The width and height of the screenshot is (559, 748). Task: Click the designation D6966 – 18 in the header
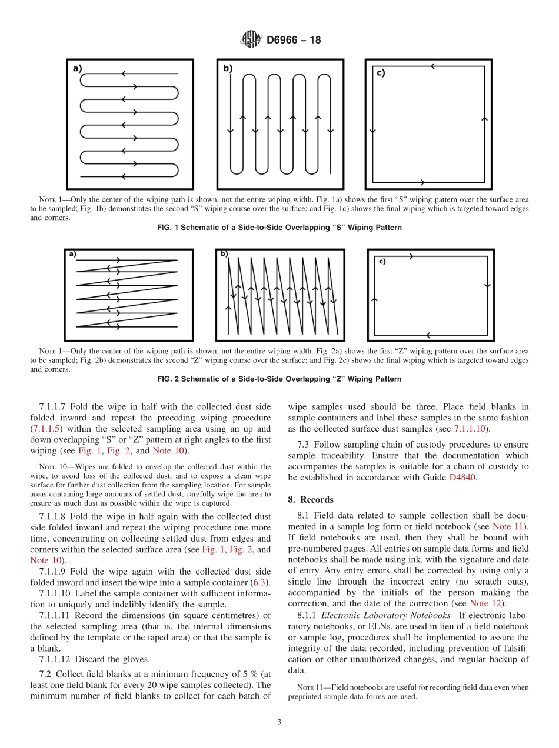[293, 40]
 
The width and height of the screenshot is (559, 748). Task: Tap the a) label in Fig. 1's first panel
[77, 68]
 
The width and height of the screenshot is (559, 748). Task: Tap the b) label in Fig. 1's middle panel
[228, 68]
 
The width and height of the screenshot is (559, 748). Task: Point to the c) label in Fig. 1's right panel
[380, 73]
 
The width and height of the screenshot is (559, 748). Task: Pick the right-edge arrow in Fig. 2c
[487, 286]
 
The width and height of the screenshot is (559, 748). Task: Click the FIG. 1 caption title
[279, 228]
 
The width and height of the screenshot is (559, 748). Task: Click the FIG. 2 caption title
[279, 379]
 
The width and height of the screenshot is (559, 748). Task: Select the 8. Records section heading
[311, 499]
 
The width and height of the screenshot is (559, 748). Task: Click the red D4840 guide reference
[463, 477]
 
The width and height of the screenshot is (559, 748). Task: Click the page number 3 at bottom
[279, 723]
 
